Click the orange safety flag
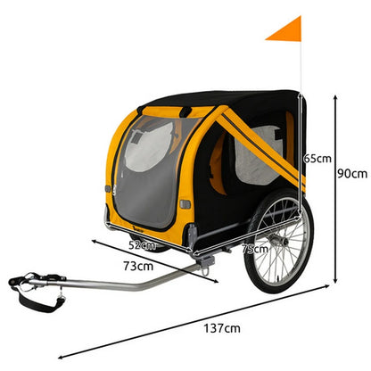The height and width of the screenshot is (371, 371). click(x=288, y=30)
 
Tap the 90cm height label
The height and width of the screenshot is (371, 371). click(x=352, y=173)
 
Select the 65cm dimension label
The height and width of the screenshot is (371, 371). click(x=317, y=159)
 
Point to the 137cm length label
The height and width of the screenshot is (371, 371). click(x=222, y=328)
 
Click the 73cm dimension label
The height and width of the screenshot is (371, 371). click(x=138, y=266)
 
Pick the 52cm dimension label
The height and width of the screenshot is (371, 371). click(x=142, y=245)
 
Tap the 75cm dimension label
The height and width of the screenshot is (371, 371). click(x=255, y=249)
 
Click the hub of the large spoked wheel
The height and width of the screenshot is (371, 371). click(x=281, y=240)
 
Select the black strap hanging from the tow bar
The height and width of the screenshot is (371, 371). click(x=38, y=301)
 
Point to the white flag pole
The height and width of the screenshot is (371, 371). click(x=301, y=65)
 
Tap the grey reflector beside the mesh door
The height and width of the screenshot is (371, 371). click(x=185, y=204)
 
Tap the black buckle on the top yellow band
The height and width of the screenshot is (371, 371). click(x=186, y=111)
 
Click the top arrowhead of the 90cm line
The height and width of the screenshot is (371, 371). click(x=335, y=97)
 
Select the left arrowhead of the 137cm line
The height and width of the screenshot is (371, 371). click(x=61, y=357)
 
